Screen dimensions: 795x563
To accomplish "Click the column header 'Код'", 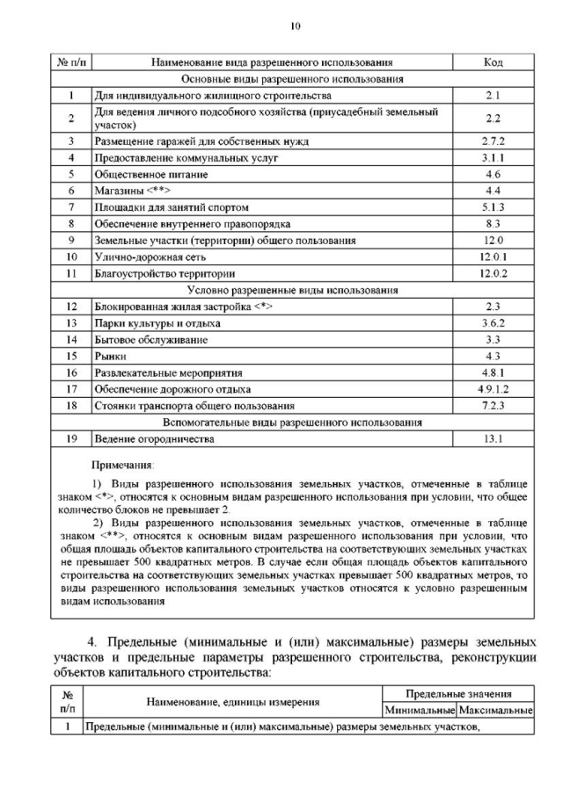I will (493, 62).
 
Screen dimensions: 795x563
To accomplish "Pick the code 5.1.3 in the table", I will (493, 207).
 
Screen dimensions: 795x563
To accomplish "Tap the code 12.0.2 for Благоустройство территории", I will (493, 273).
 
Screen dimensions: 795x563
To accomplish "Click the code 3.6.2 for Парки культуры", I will (493, 323).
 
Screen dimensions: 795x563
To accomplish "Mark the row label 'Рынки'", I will (110, 356).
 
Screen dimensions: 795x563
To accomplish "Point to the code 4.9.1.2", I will (493, 389).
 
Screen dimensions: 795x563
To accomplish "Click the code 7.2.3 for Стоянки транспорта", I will (493, 406).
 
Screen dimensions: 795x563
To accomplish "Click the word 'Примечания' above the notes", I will (122, 463).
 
